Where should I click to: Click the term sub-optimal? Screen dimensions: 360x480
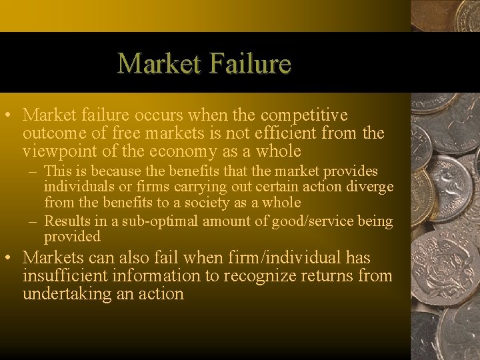coord(162,221)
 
